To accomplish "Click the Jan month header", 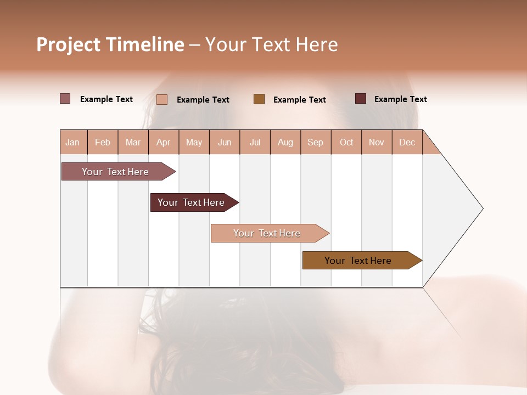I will pos(73,142).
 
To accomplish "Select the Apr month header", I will pos(164,142).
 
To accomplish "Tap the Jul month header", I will pos(255,142).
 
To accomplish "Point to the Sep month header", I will pos(315,142).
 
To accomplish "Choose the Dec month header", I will pos(407,142).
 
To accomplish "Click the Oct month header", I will pos(346,142).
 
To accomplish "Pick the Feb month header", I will pos(103,142).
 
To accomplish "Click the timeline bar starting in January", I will pos(115,172).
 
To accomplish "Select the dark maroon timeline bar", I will pos(191,202).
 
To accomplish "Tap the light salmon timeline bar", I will pos(267,233).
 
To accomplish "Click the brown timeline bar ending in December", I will pos(358,261).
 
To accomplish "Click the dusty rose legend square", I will pos(65,99).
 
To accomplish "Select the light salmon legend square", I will pos(162,99).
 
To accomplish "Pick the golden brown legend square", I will pos(259,99).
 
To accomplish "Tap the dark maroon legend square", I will pos(361,99).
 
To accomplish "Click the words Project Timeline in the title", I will pos(110,44).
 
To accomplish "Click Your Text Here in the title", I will pos(271,44).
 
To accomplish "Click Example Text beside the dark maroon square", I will pos(400,99).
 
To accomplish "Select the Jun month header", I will pos(225,142).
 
